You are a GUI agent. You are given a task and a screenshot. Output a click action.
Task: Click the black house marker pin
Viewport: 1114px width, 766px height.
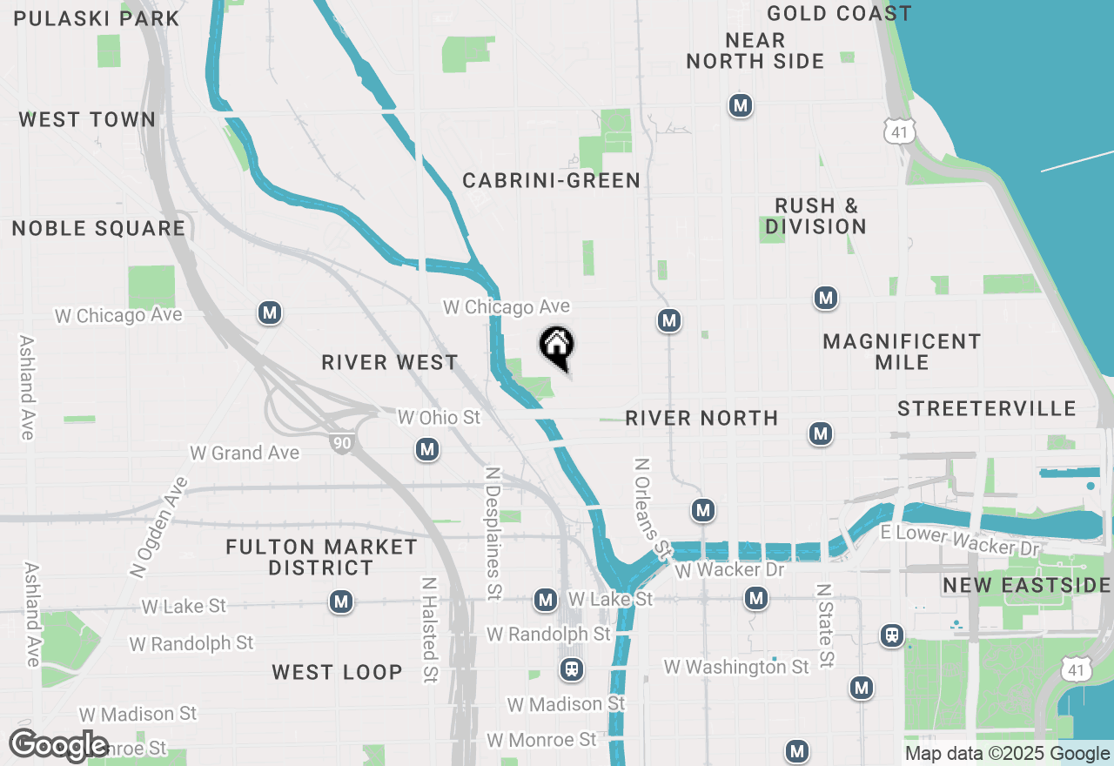pos(557,346)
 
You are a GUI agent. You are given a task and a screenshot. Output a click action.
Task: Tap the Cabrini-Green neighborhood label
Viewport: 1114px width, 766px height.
pos(551,181)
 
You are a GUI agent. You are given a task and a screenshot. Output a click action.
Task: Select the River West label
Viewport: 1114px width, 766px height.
pos(389,362)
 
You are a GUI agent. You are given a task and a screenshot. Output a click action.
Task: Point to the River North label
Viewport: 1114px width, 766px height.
pos(701,419)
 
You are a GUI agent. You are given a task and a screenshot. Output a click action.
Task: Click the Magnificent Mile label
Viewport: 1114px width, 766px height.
pos(902,352)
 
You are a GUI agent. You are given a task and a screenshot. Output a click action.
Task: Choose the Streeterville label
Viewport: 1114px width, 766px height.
pos(987,409)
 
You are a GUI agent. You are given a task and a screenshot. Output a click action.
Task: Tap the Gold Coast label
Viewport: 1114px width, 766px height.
pos(839,14)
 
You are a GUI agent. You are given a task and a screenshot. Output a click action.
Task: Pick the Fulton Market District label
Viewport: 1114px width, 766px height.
pos(321,557)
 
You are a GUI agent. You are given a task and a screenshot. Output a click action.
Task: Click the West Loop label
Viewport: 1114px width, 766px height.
pos(337,672)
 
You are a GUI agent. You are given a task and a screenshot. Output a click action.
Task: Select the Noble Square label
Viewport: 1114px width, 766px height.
pos(98,229)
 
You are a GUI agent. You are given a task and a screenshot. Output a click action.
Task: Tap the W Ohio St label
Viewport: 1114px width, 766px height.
pos(439,418)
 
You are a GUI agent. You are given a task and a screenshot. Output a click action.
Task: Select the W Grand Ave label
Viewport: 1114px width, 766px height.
pos(245,453)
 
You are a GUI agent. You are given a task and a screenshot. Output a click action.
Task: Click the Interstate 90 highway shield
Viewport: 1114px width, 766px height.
pos(341,443)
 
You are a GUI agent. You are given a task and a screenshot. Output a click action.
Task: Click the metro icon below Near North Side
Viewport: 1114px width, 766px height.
pos(740,106)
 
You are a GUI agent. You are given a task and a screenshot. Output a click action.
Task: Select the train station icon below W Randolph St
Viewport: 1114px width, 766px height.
pos(571,669)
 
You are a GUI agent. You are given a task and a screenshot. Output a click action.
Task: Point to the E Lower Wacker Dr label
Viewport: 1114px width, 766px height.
pos(960,541)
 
